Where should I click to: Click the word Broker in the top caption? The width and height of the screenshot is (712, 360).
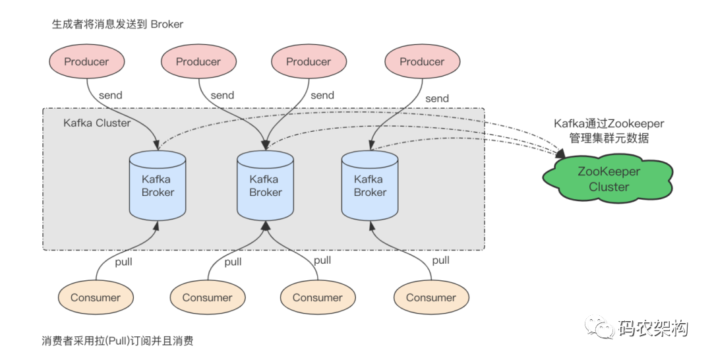[x=167, y=24]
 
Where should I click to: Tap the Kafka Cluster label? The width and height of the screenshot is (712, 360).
[x=97, y=123]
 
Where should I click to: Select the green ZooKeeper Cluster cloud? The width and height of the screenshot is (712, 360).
[x=608, y=179]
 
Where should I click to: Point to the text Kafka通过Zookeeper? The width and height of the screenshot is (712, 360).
[x=609, y=123]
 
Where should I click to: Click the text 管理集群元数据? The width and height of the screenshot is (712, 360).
[x=609, y=138]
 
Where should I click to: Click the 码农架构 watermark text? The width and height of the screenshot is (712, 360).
[x=653, y=328]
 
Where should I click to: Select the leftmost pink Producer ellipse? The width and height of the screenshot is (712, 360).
[x=87, y=62]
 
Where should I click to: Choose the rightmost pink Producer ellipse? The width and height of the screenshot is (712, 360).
[x=423, y=62]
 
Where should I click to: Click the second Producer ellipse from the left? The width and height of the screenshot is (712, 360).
[x=198, y=62]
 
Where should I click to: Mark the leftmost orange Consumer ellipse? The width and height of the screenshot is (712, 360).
[x=96, y=298]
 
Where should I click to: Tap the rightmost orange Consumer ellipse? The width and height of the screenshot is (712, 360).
[x=431, y=298]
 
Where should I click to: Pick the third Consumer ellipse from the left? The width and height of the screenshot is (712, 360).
[x=317, y=298]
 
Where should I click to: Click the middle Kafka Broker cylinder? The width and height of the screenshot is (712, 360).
[x=265, y=186]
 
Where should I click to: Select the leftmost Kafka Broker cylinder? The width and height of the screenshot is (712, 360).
[x=158, y=186]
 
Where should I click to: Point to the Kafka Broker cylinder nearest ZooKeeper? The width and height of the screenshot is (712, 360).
[x=370, y=186]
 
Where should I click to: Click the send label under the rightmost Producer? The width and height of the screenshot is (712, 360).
[x=437, y=98]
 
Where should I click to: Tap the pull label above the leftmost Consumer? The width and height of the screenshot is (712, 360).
[x=123, y=262]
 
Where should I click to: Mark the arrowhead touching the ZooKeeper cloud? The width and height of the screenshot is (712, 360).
[x=561, y=153]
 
